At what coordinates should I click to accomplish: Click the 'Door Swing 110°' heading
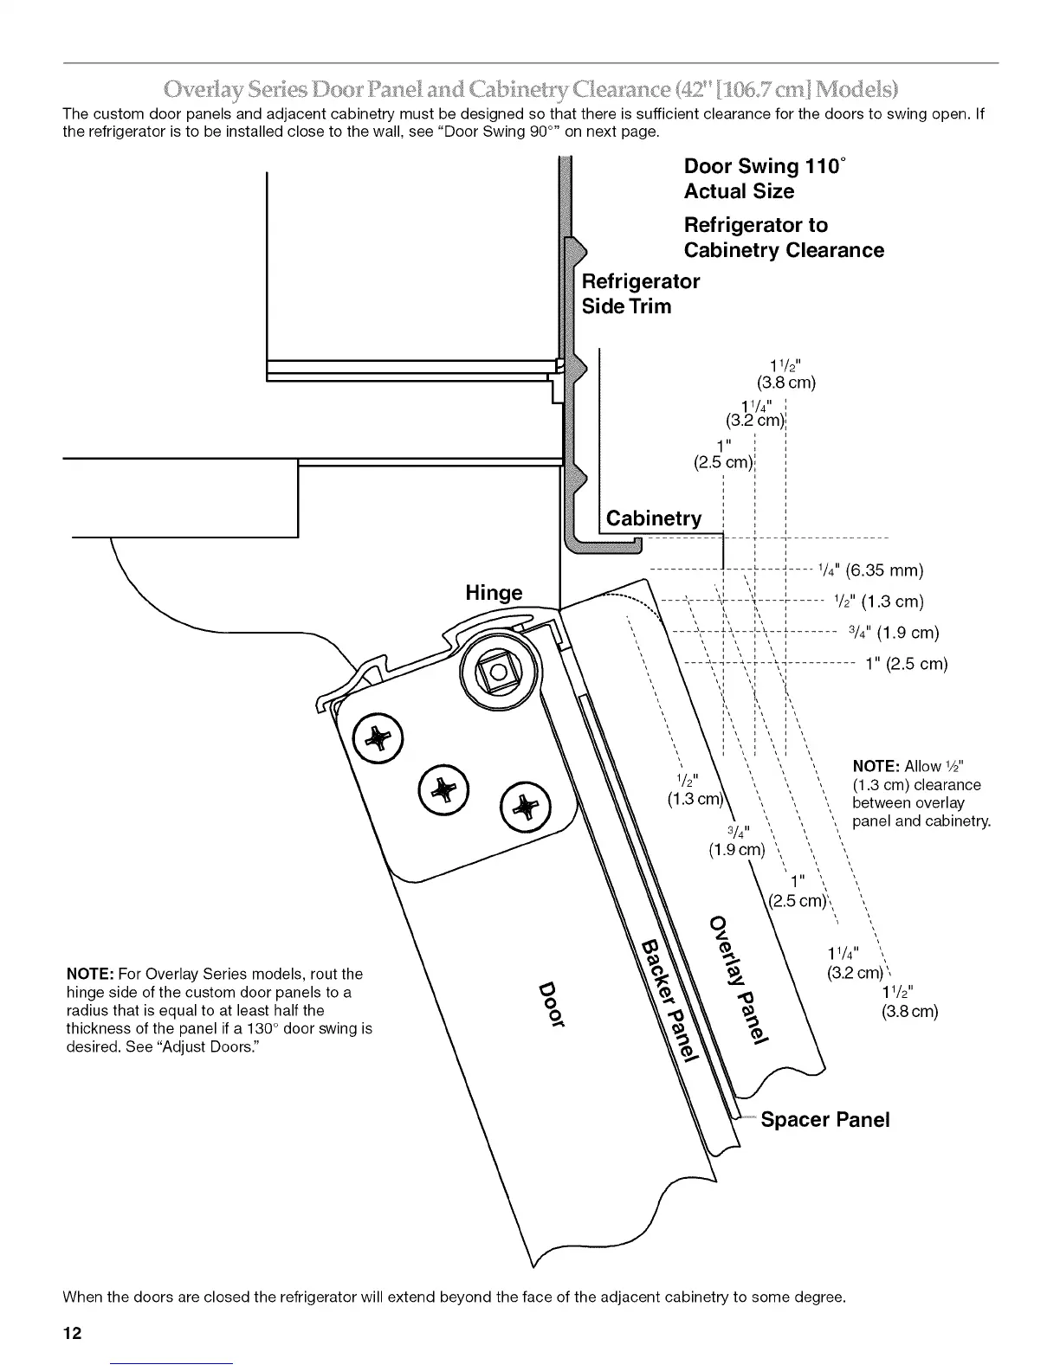[x=764, y=166]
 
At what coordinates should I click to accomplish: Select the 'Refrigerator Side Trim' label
[x=640, y=293]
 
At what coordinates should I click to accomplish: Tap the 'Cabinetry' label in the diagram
[x=653, y=518]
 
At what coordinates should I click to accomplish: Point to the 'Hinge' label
[x=494, y=593]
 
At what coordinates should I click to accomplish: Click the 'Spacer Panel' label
[x=824, y=1120]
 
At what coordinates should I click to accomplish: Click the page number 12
[x=72, y=1334]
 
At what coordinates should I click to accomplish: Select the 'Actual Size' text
[x=738, y=191]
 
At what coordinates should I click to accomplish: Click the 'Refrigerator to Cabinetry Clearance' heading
[x=783, y=238]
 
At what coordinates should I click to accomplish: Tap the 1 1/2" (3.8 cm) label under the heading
[x=785, y=372]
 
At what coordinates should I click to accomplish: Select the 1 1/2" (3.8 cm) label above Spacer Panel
[x=908, y=1001]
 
